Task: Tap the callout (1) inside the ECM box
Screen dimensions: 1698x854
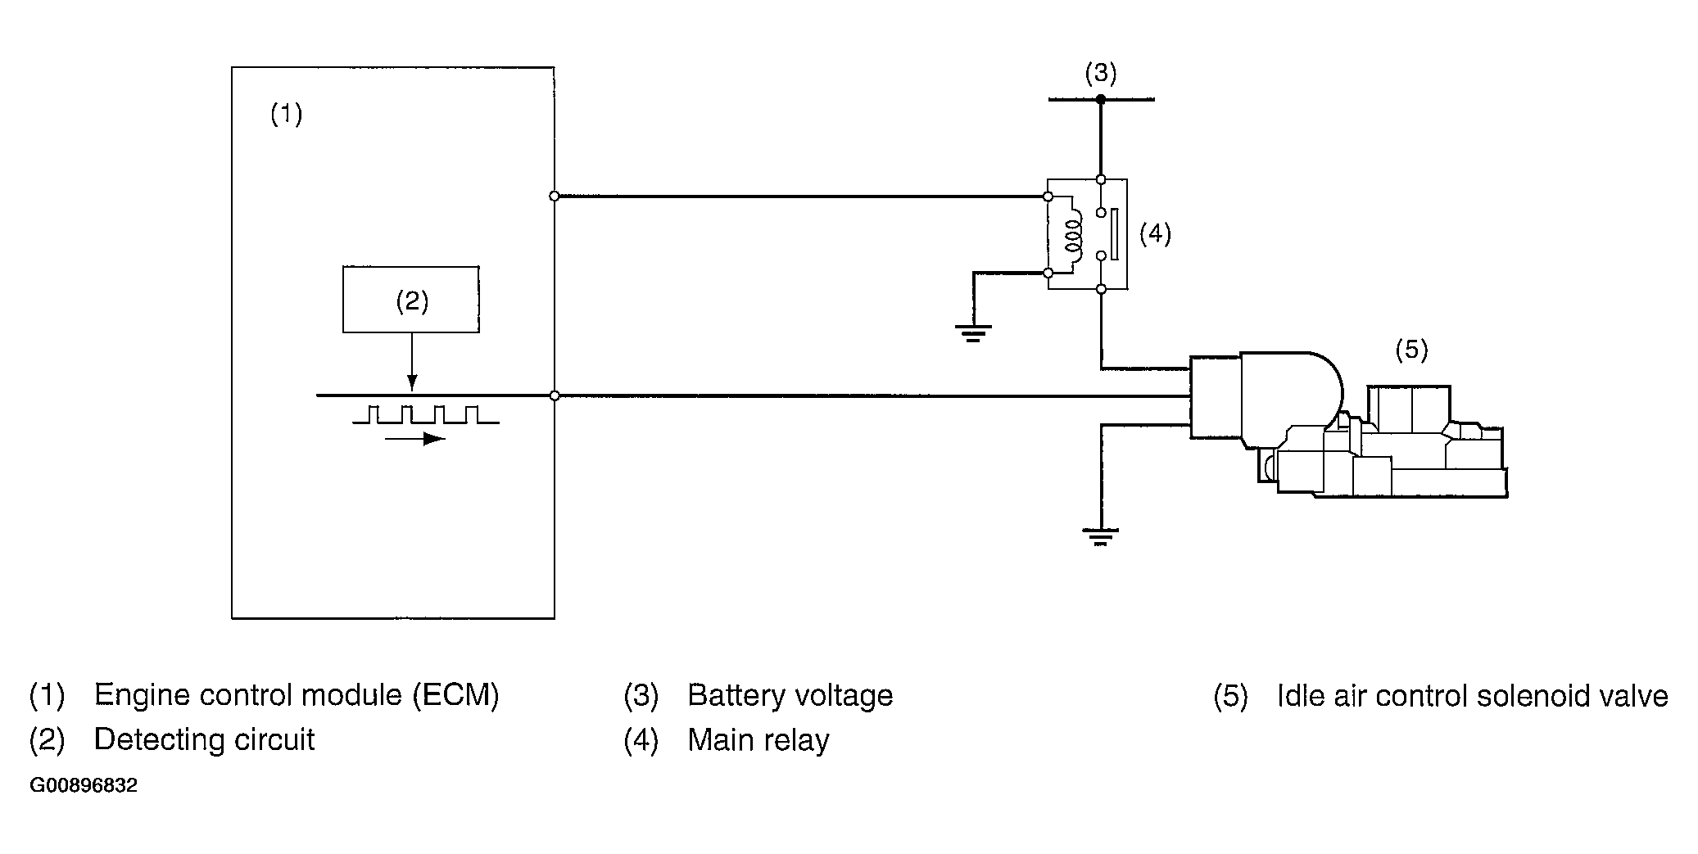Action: click(287, 114)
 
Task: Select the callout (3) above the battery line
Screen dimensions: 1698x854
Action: click(1101, 73)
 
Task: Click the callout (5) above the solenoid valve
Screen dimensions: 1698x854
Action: click(1411, 350)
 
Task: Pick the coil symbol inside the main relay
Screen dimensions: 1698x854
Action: click(1071, 233)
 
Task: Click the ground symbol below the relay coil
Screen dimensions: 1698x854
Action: click(972, 332)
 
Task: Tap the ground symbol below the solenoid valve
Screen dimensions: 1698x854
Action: click(1101, 537)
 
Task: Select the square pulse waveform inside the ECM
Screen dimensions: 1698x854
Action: click(425, 414)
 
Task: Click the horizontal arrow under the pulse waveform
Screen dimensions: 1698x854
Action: click(414, 440)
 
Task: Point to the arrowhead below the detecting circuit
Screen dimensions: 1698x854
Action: click(412, 383)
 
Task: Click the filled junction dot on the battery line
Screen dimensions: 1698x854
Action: click(1101, 99)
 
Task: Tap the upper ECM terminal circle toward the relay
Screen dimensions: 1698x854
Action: click(555, 197)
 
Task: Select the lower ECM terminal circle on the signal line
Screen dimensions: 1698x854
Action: click(555, 395)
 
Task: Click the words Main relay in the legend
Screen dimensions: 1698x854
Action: click(758, 740)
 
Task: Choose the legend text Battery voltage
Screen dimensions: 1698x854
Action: click(790, 696)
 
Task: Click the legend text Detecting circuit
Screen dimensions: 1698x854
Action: click(204, 740)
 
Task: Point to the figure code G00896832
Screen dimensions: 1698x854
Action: click(84, 786)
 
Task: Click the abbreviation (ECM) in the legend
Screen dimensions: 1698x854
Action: click(455, 695)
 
